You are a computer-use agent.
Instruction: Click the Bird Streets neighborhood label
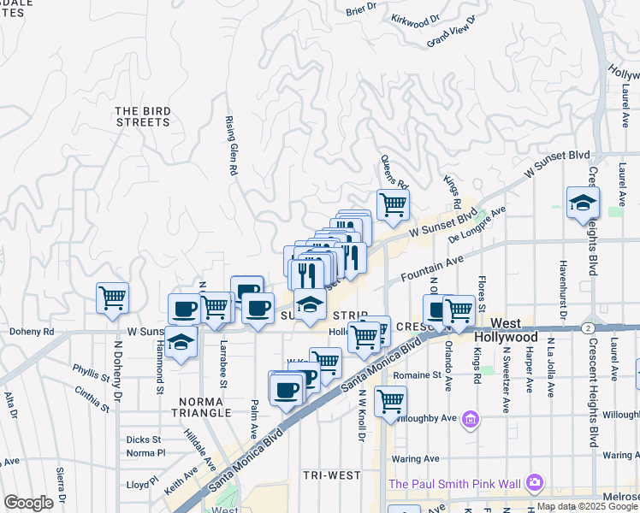[142, 116]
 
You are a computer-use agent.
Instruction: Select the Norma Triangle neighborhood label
[204, 406]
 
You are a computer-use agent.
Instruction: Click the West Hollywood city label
[506, 331]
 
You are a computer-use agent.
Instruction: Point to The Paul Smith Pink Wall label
[454, 484]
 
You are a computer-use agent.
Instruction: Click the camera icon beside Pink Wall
[535, 483]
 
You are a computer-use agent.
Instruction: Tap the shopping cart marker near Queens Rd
[393, 204]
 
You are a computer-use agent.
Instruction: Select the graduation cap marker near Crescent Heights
[582, 203]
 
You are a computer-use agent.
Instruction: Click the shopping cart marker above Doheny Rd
[113, 298]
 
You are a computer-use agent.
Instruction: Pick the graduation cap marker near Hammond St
[180, 343]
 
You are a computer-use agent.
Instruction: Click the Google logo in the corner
[28, 503]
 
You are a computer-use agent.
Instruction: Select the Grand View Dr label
[450, 36]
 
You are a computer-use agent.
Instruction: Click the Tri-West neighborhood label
[329, 474]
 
